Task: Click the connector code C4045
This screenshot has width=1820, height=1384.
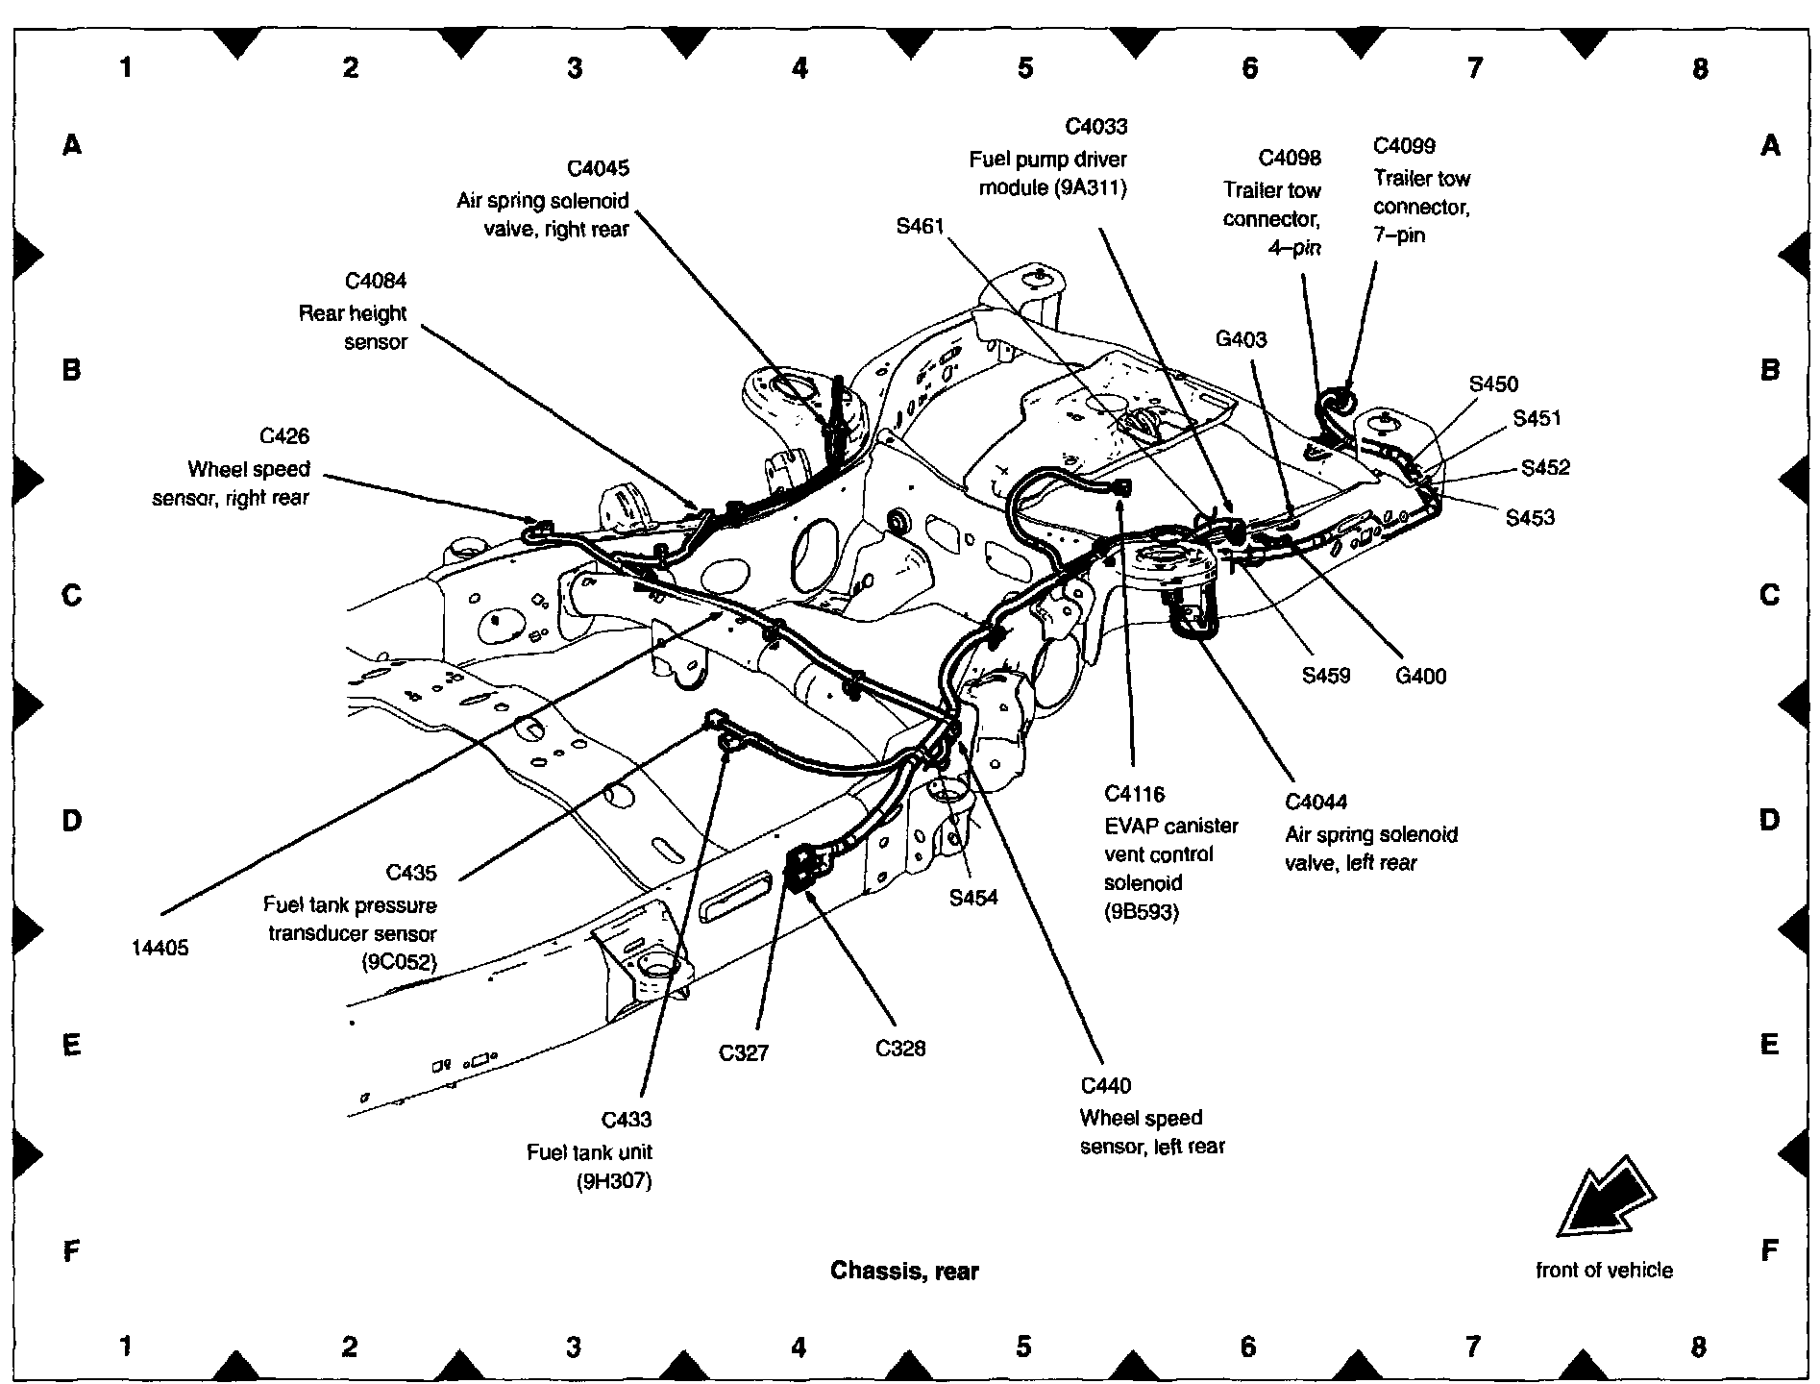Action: (598, 169)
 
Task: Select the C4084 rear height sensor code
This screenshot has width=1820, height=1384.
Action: (376, 282)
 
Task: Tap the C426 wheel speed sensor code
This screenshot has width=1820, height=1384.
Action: (284, 437)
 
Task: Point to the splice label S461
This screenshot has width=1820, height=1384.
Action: (920, 227)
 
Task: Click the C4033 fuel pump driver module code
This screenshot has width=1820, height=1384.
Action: (1095, 127)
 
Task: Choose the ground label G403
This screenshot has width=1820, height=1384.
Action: (1241, 339)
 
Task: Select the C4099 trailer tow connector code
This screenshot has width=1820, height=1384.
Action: (1404, 146)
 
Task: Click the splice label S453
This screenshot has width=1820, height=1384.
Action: (1530, 518)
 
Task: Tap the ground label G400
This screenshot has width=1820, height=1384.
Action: (1420, 677)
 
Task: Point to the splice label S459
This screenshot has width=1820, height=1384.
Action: (1326, 676)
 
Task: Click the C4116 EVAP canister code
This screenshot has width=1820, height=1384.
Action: (1134, 794)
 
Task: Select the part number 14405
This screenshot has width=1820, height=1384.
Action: (160, 949)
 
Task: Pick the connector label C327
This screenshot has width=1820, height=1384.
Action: (744, 1053)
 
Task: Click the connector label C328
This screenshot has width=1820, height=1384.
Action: (900, 1049)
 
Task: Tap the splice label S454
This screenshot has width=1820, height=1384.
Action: (973, 898)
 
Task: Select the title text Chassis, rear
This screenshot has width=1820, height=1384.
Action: (904, 1272)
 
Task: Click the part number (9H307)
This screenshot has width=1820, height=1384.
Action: (614, 1181)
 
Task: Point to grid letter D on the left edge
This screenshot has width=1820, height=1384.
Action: (71, 821)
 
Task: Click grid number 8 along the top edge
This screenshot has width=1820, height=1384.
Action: (1700, 68)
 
